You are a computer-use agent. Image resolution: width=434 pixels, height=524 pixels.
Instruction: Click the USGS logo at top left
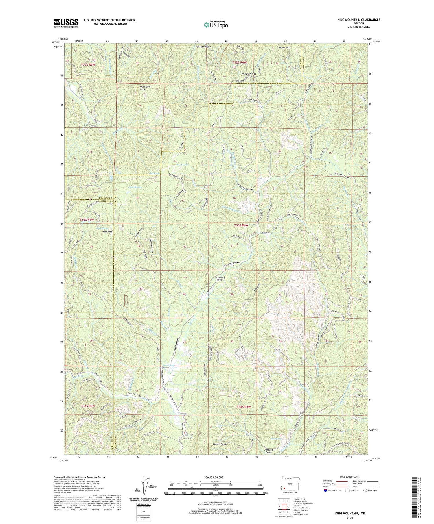(x=66, y=23)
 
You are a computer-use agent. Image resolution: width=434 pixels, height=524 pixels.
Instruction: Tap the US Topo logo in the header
(x=216, y=25)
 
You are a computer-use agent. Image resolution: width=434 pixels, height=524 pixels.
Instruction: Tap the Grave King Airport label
(x=220, y=279)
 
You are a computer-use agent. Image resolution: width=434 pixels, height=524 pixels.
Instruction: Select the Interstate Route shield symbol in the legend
(x=325, y=490)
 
